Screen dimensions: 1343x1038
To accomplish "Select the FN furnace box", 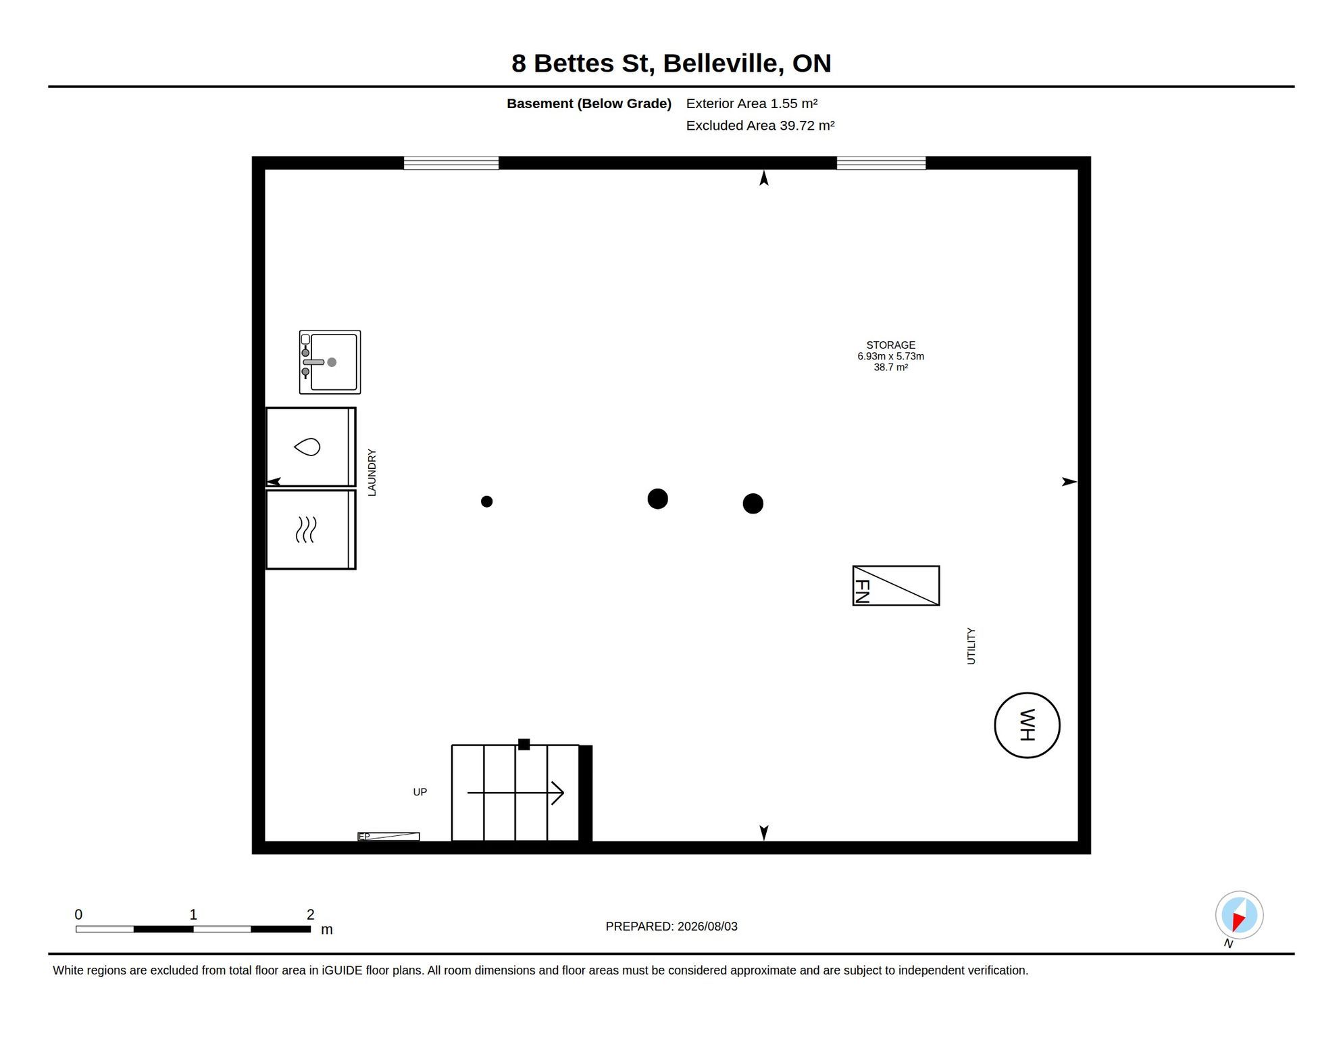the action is tap(896, 585).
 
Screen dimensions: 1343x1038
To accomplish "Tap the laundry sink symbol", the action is tap(330, 362).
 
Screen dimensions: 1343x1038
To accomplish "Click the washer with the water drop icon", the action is tap(311, 447).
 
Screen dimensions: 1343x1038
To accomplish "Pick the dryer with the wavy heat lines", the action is tap(311, 530).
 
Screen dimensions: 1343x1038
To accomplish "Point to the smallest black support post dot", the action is tap(486, 501).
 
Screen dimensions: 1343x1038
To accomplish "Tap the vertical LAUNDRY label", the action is tap(372, 472).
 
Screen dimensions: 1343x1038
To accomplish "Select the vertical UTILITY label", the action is tap(971, 646).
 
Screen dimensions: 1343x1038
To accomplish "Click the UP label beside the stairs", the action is tap(420, 792).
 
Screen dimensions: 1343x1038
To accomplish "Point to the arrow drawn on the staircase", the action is tap(515, 793).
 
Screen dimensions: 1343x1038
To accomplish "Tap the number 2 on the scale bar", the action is tap(310, 914).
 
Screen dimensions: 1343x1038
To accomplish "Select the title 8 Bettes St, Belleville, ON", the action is tap(671, 63).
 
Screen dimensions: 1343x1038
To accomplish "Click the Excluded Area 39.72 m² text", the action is tap(760, 126).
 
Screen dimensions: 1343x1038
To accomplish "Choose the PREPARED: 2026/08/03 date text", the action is tap(671, 926).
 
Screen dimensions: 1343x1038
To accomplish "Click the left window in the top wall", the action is tap(451, 163).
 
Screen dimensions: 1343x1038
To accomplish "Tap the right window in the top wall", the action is tap(881, 163).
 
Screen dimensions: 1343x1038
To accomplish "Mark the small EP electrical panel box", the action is tap(388, 837).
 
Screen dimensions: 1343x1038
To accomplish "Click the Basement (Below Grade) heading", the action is tap(589, 103).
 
